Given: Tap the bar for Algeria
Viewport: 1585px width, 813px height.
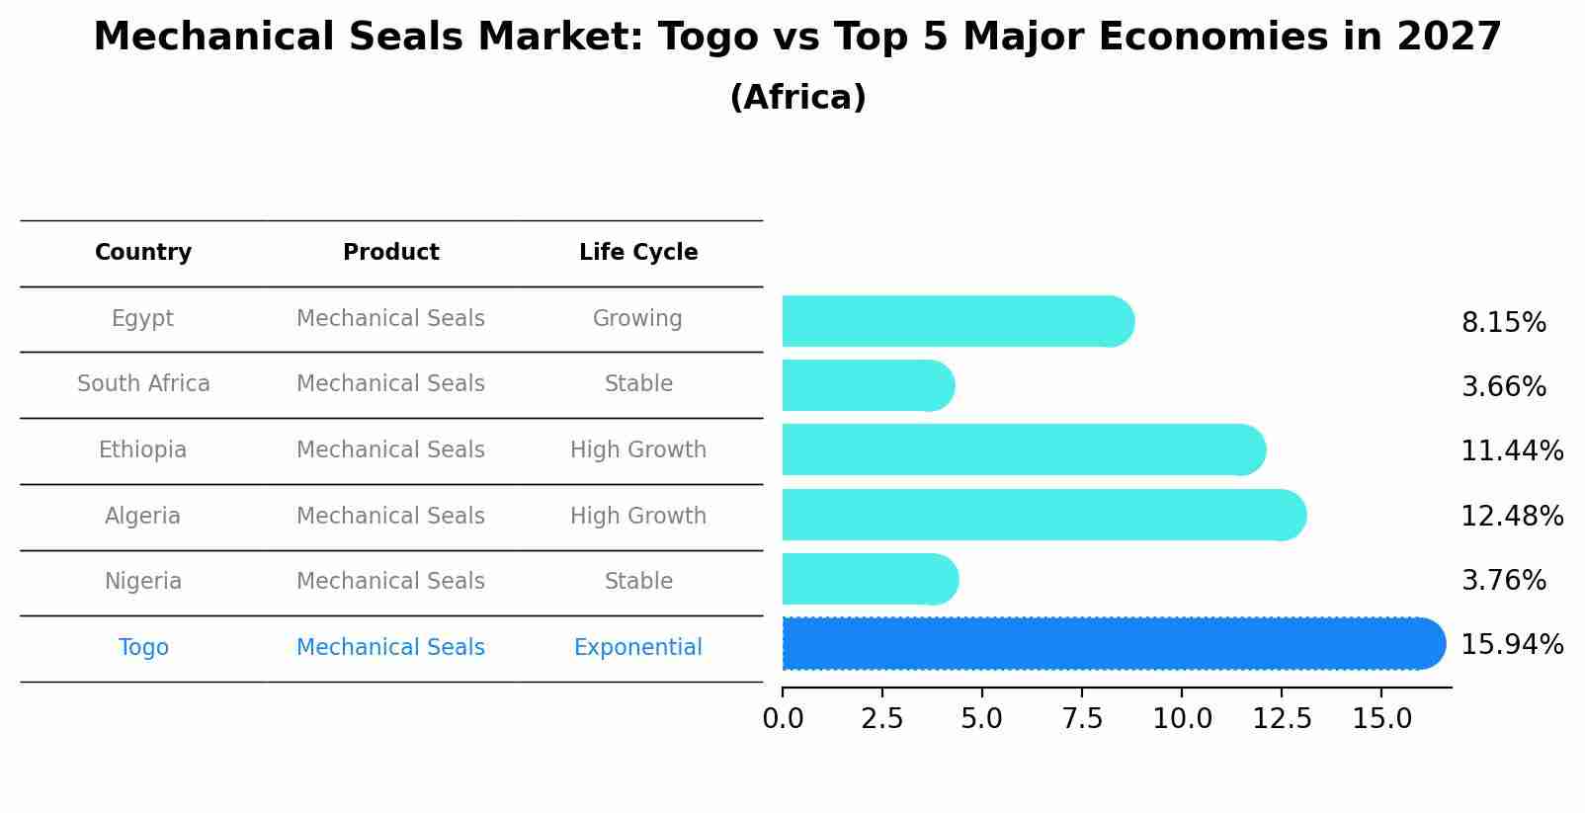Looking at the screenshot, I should tap(1043, 515).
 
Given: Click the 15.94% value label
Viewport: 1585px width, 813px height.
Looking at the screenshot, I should tap(1512, 645).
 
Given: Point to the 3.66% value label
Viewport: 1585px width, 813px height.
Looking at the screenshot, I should tap(1503, 387).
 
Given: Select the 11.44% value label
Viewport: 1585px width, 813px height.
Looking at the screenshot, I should tap(1512, 451).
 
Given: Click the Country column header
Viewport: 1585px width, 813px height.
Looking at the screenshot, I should tap(143, 253).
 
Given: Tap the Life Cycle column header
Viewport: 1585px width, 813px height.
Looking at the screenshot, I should tap(638, 253).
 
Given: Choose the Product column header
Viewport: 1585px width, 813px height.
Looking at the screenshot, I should tap(391, 253).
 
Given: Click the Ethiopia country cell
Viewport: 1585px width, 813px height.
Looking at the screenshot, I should tap(143, 450).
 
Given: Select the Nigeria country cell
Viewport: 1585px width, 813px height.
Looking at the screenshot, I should tap(143, 582).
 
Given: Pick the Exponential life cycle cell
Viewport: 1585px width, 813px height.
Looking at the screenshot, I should tap(638, 648).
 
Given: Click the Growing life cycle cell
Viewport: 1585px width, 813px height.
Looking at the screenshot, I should tap(638, 319).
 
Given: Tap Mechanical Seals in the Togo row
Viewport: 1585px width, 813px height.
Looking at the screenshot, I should tap(391, 648).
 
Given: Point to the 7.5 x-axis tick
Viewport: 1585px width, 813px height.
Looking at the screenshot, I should tap(1082, 718).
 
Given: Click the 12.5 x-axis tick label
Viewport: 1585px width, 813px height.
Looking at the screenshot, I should tap(1282, 718).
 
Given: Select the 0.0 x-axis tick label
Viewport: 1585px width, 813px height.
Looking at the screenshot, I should tap(783, 718).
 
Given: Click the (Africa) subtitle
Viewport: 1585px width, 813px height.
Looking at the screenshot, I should tap(797, 98).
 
